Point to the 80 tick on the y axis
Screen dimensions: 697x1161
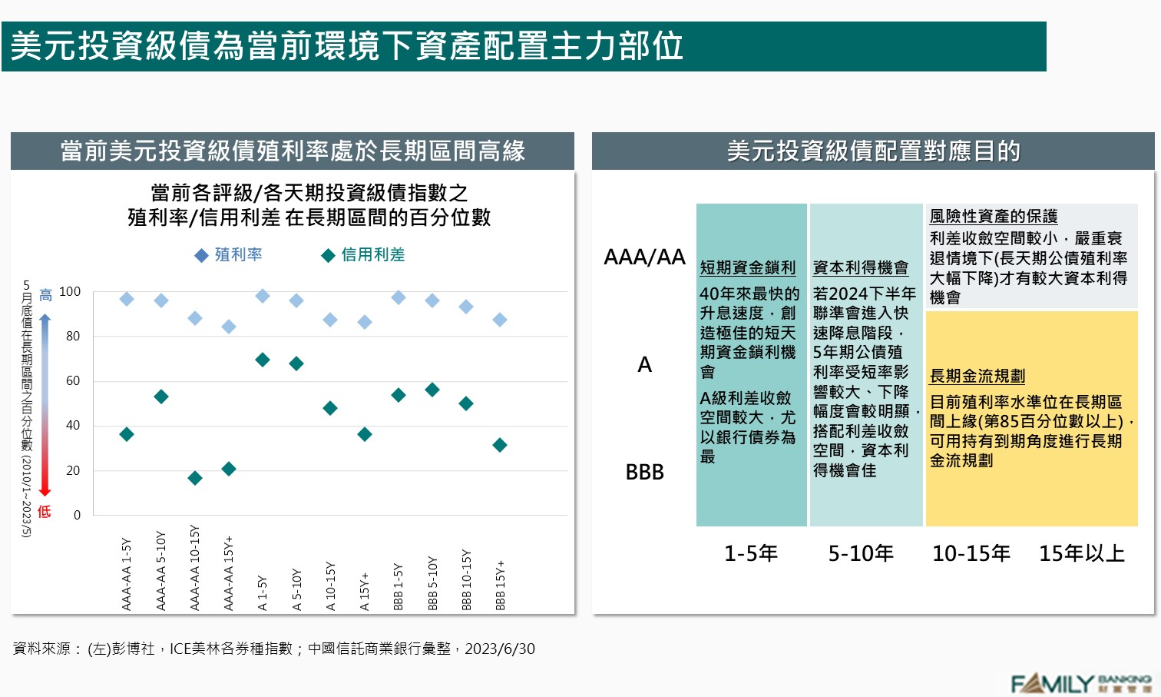point(73,336)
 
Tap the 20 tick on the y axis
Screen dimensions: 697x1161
point(73,470)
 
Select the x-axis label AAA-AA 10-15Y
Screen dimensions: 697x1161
point(194,569)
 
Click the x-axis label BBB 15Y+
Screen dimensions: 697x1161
point(500,586)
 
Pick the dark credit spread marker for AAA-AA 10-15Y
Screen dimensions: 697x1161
point(195,478)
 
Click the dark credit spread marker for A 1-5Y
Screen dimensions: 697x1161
point(263,360)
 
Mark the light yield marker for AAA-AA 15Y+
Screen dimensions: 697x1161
point(229,327)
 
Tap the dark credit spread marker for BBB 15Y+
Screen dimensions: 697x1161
point(500,445)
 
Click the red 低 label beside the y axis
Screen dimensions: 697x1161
point(45,511)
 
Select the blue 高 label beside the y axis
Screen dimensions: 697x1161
point(45,295)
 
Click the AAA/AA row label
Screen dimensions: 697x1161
point(644,257)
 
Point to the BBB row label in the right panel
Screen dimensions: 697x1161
point(644,472)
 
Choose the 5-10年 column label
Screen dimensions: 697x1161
point(861,553)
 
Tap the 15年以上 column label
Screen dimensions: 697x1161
point(1081,553)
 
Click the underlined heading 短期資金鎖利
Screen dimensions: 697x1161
point(747,267)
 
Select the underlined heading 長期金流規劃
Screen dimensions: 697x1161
point(977,376)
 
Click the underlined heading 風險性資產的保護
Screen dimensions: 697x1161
point(993,217)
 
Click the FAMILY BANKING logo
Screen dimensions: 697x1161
point(1080,682)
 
